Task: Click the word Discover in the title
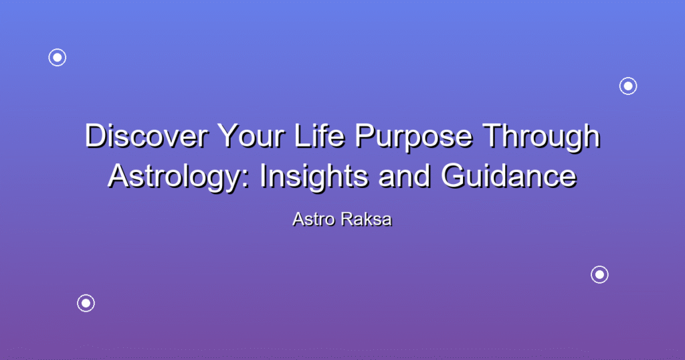tap(146, 136)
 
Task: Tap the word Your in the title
tap(252, 136)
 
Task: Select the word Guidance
tap(509, 176)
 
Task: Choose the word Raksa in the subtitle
tap(367, 219)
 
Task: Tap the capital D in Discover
tap(96, 136)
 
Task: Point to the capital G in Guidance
tap(453, 176)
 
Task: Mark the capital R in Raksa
tap(348, 219)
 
